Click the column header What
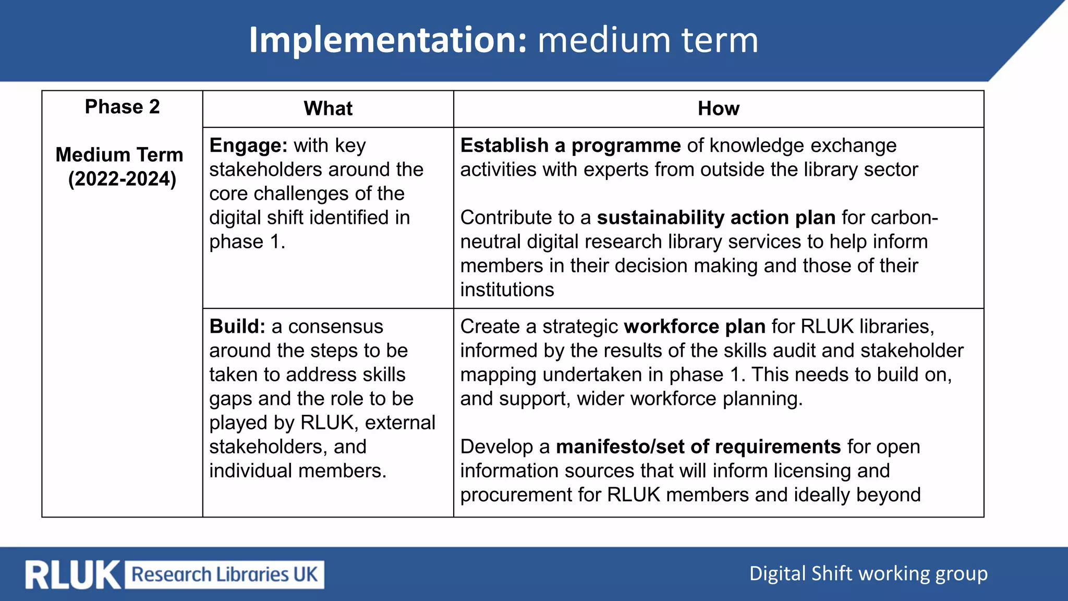pyautogui.click(x=328, y=109)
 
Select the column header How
pyautogui.click(x=718, y=109)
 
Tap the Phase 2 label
pyautogui.click(x=122, y=106)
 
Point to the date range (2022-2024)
pyautogui.click(x=122, y=179)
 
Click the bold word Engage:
pyautogui.click(x=248, y=146)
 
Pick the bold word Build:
pyautogui.click(x=237, y=327)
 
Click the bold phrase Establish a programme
pyautogui.click(x=570, y=146)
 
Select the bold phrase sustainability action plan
pyautogui.click(x=716, y=218)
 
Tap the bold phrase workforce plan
pyautogui.click(x=694, y=327)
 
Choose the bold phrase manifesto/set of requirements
pyautogui.click(x=698, y=447)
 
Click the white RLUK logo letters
pyautogui.click(x=72, y=575)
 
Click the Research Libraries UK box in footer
pyautogui.click(x=225, y=574)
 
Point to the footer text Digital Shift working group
pyautogui.click(x=868, y=573)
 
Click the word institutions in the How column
pyautogui.click(x=507, y=290)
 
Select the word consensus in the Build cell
pyautogui.click(x=335, y=327)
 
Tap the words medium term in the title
pyautogui.click(x=648, y=40)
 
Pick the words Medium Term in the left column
pyautogui.click(x=119, y=155)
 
